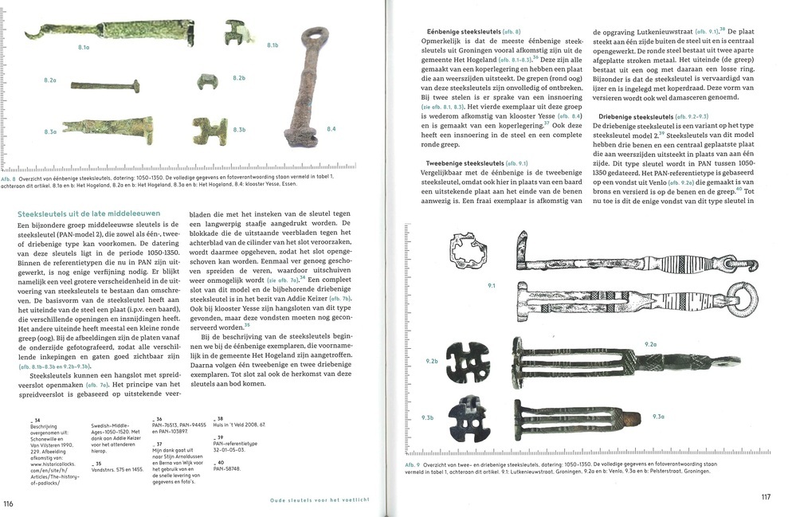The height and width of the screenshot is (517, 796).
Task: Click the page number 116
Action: pyautogui.click(x=9, y=503)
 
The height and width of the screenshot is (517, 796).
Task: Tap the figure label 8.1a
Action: pyautogui.click(x=84, y=48)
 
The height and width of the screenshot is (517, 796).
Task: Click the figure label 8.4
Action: pyautogui.click(x=331, y=129)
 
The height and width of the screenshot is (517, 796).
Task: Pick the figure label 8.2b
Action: pyautogui.click(x=238, y=77)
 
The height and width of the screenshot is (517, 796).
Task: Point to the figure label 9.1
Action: pyautogui.click(x=491, y=284)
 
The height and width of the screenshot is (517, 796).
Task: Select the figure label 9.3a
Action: pyautogui.click(x=658, y=417)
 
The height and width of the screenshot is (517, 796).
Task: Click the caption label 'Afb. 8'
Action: pyautogui.click(x=10, y=179)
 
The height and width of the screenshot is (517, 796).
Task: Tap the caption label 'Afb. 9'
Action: pyautogui.click(x=414, y=464)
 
